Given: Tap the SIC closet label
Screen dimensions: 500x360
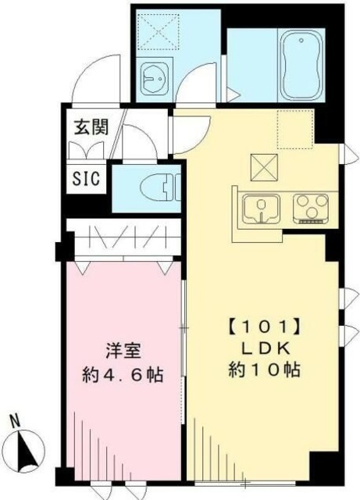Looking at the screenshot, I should click(x=87, y=178).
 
